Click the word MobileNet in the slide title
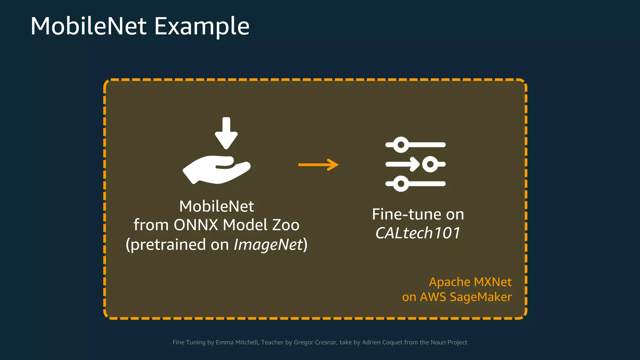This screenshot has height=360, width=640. coord(88,26)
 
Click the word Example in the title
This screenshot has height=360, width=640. coord(202,26)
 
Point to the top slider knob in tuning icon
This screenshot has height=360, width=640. coord(401,145)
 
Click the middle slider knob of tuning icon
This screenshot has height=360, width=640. coord(430,164)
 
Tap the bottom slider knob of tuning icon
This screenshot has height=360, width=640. coord(401,184)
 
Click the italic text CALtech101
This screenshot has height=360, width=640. coord(418,233)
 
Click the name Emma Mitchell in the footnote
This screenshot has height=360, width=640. coord(237,342)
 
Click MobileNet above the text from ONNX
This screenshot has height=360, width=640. coord(217,206)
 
